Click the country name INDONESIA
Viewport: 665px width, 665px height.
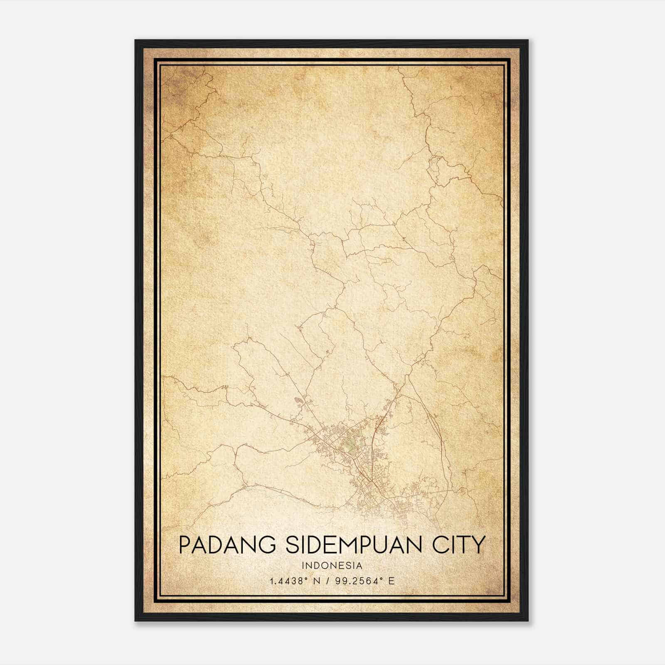332,566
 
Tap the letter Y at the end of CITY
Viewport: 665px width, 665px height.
479,545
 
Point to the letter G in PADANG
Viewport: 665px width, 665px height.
265,545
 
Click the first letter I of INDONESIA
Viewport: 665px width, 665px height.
303,566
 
